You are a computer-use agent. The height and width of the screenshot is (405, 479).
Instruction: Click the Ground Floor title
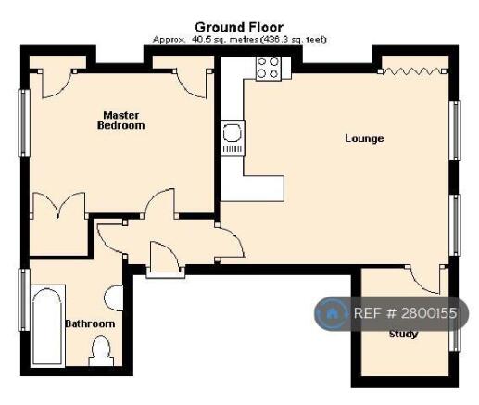[239, 28]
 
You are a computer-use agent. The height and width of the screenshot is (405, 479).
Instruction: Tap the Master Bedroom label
[120, 120]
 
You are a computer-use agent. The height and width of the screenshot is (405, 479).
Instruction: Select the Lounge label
[364, 138]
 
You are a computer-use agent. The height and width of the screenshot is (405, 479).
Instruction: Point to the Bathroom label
[90, 323]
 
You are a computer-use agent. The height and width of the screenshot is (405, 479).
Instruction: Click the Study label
[403, 334]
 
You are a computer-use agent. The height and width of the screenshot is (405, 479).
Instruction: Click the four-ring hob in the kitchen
[269, 69]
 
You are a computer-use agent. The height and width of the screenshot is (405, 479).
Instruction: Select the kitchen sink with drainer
[233, 138]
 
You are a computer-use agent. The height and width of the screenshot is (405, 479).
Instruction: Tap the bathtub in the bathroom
[48, 326]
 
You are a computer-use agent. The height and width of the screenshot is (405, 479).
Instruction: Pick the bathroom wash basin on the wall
[114, 297]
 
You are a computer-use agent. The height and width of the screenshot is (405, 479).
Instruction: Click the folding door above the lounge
[412, 71]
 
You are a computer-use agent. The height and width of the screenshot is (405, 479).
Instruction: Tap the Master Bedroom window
[24, 122]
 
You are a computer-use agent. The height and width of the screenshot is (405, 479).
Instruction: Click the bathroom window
[24, 300]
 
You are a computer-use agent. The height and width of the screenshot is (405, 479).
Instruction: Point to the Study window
[455, 340]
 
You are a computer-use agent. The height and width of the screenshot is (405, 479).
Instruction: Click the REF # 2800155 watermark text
[405, 313]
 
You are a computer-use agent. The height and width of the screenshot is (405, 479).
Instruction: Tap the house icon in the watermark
[332, 313]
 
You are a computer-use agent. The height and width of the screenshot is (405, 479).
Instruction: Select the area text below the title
[240, 40]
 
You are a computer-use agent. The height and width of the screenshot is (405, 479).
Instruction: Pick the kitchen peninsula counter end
[264, 188]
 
